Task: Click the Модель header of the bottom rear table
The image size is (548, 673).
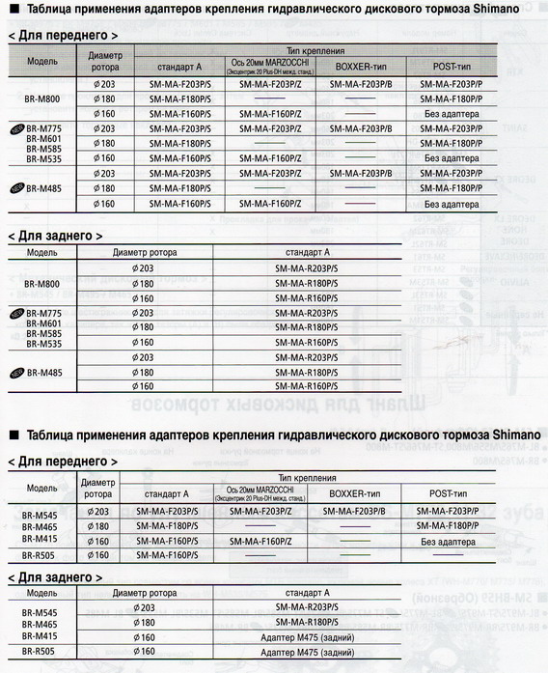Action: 41,592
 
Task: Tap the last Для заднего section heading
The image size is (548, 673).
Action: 62,576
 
